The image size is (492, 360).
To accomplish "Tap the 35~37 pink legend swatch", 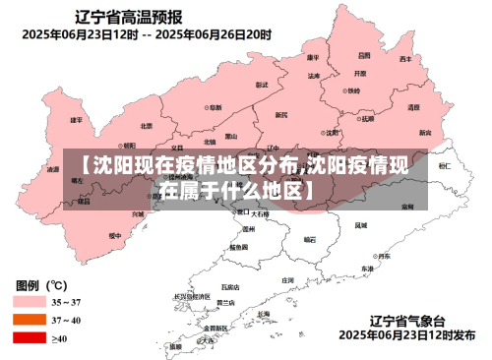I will coord(29,302).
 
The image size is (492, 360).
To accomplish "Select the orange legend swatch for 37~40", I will coord(29,320).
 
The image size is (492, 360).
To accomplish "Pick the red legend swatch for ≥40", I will coord(29,337).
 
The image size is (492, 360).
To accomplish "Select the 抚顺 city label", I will coord(369,119).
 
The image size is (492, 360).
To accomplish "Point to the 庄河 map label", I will coord(287,280).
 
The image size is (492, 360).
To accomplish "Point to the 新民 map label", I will coord(282,115).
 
